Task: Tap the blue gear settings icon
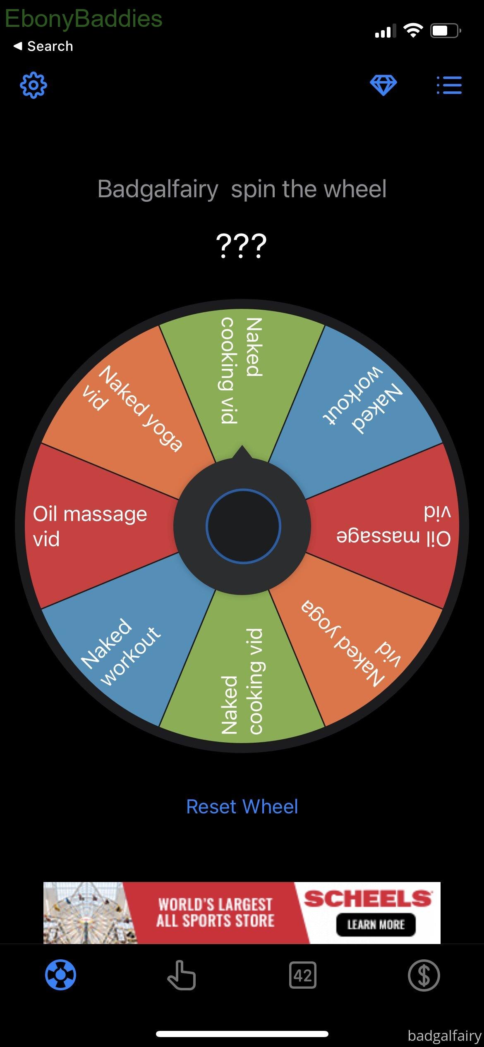[x=34, y=85]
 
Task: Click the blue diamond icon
[x=383, y=86]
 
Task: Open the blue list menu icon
[x=449, y=85]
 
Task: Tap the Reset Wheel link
[x=242, y=806]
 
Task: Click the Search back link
[x=43, y=46]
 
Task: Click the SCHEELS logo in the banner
[x=368, y=899]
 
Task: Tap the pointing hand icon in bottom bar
[x=181, y=975]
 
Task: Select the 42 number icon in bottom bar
[x=303, y=975]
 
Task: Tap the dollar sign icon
[x=424, y=975]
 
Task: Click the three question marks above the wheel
[x=242, y=246]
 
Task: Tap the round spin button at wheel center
[x=243, y=526]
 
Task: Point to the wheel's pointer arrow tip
[x=242, y=446]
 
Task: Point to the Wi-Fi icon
[x=413, y=30]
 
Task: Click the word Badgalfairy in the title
[x=158, y=189]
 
